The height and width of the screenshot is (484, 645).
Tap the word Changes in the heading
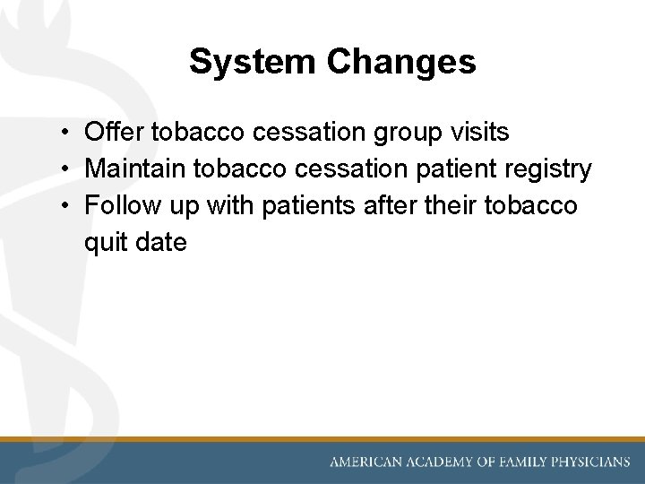tap(401, 62)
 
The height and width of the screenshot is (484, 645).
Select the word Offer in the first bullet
tap(115, 133)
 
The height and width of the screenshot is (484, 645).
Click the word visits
tap(479, 133)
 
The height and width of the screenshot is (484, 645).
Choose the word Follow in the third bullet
tap(119, 205)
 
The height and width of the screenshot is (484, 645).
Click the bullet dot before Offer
tap(67, 134)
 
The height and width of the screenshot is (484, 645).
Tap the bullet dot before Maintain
tap(67, 169)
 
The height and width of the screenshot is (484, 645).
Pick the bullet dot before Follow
tap(67, 206)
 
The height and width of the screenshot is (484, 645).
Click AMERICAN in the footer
tap(368, 462)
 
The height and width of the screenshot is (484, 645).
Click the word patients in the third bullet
tap(303, 206)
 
